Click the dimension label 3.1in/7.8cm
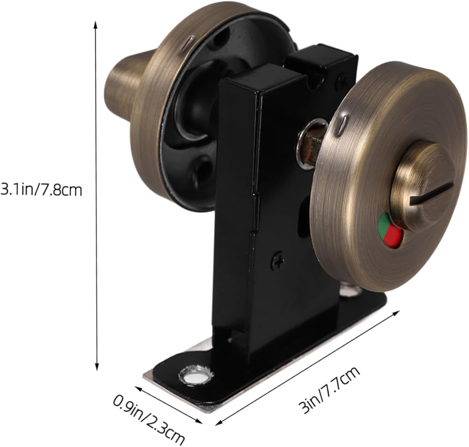[x=41, y=189]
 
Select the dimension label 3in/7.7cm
[x=329, y=390]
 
